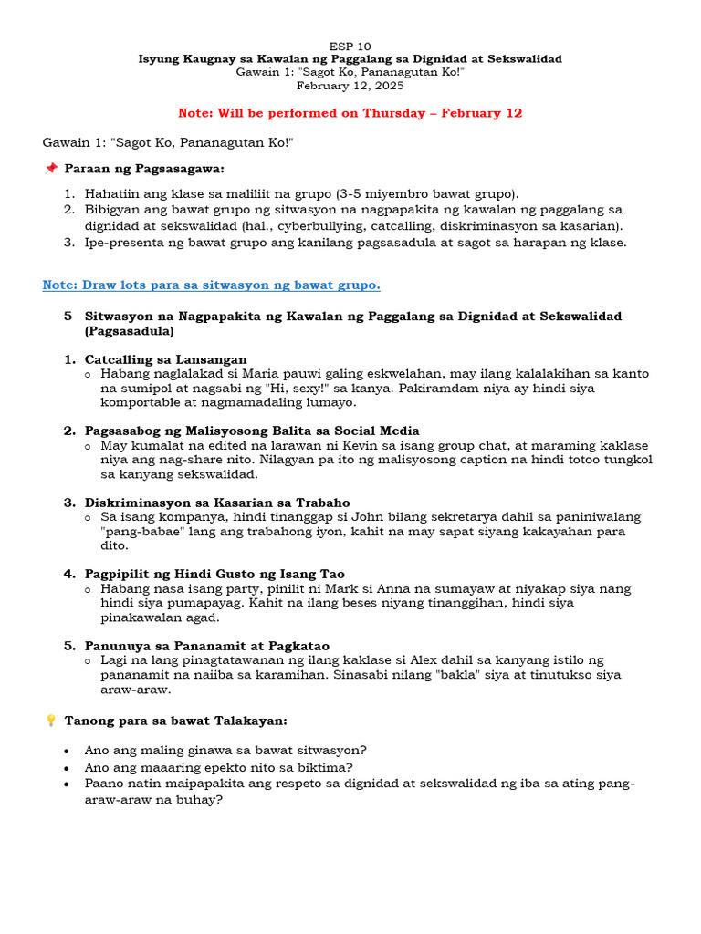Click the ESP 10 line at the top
click(350, 46)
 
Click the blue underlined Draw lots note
click(211, 285)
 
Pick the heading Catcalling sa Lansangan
click(165, 359)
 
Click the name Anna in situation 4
click(333, 588)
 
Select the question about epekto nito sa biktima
click(218, 767)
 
